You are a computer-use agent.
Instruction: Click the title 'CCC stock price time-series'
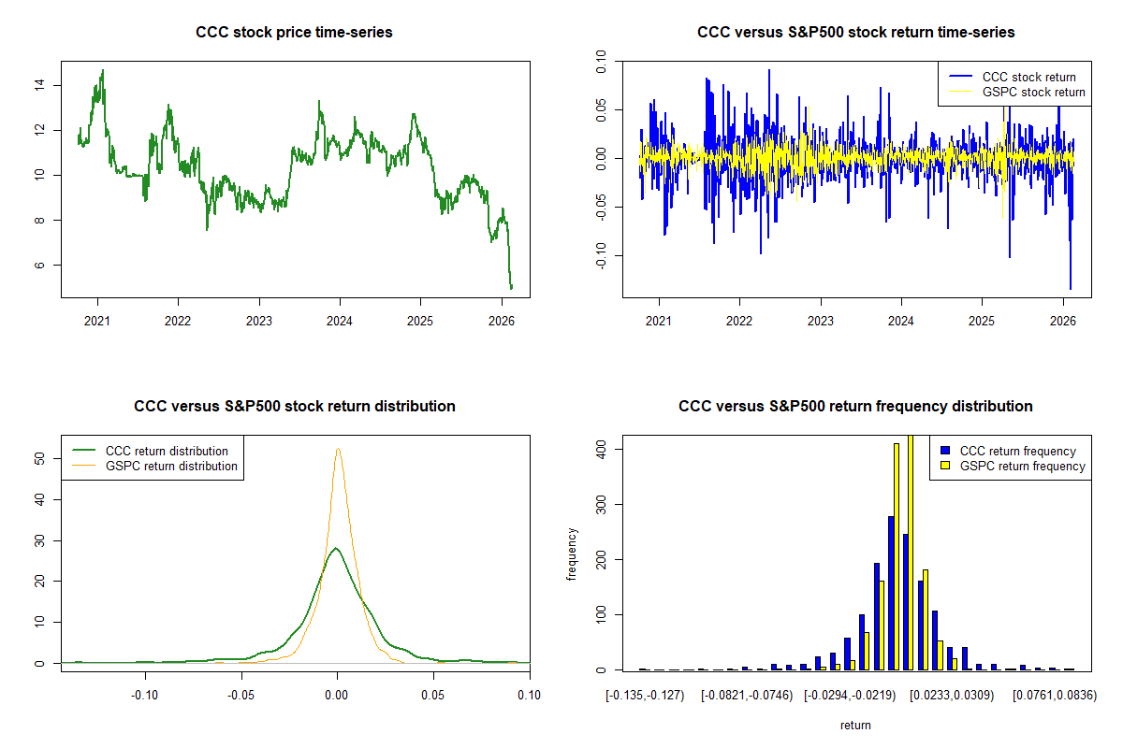click(x=294, y=32)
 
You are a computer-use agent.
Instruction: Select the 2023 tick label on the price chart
click(x=258, y=321)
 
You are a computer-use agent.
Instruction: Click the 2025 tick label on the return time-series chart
click(x=981, y=321)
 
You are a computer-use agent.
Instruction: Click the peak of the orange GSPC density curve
click(x=339, y=449)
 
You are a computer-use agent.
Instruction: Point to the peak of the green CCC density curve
click(x=336, y=548)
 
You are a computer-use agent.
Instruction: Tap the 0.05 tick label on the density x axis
click(x=432, y=696)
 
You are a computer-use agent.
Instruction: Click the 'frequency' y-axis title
click(x=572, y=554)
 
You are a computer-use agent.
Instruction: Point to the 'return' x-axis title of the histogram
click(x=855, y=726)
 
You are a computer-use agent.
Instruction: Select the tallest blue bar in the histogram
click(x=891, y=593)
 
